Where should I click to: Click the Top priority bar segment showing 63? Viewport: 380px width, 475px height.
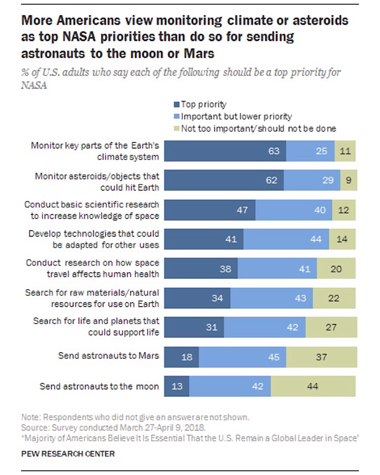(225, 151)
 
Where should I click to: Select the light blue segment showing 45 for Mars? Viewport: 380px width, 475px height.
(243, 357)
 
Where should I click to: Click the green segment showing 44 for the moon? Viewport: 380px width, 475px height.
(313, 387)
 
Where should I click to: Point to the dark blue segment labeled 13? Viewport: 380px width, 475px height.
(176, 387)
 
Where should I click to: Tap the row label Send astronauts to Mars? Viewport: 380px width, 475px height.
(109, 357)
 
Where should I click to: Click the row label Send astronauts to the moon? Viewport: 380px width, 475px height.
(99, 387)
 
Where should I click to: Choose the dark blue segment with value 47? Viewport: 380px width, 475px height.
(210, 210)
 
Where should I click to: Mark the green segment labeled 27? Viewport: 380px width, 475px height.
(331, 327)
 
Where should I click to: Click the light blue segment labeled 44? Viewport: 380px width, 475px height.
(286, 239)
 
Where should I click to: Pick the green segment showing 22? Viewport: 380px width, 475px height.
(334, 298)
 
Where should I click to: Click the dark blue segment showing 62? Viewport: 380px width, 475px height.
(224, 180)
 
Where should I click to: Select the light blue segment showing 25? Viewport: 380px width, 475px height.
(310, 151)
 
